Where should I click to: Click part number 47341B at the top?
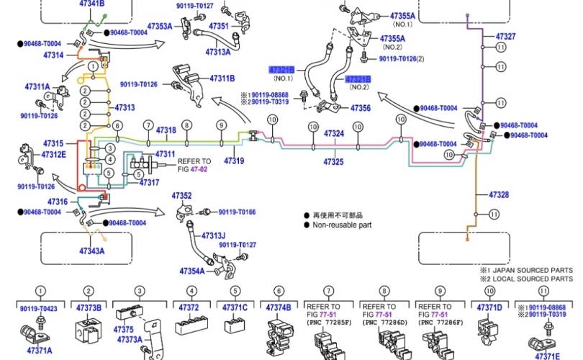point(91,4)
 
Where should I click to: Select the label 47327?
point(506,35)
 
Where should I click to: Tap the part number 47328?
point(499,195)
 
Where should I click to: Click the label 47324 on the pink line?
point(333,133)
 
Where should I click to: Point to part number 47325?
point(333,162)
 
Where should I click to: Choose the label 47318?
point(166,130)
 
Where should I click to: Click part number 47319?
point(234,161)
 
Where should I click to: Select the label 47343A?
point(92,251)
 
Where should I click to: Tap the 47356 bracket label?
point(361,108)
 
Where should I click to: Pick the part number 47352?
point(181,196)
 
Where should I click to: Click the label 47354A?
point(192,271)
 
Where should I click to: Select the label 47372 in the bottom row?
point(189,307)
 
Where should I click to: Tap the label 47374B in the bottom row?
point(279,307)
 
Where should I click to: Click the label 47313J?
point(213,235)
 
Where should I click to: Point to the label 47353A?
point(160,27)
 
